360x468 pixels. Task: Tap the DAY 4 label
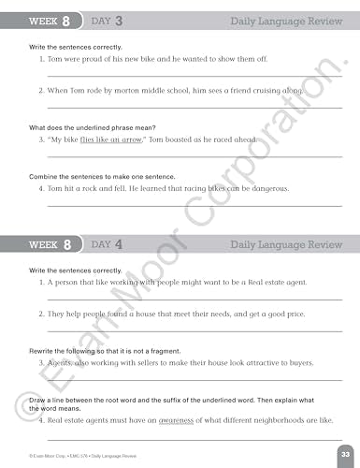point(110,244)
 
